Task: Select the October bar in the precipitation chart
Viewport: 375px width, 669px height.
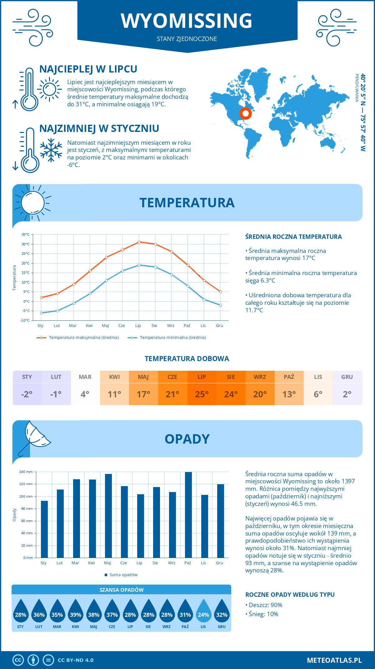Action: point(188,515)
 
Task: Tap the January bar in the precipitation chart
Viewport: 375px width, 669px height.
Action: point(44,529)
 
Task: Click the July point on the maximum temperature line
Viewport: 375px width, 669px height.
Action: point(139,242)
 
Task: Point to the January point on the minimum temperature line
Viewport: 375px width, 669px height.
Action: point(41,313)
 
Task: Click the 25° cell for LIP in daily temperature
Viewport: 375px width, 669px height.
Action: point(202,394)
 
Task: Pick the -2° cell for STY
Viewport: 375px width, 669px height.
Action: point(27,394)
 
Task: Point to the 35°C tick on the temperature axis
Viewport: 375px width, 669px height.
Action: point(26,234)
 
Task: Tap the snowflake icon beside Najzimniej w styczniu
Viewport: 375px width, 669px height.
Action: point(51,150)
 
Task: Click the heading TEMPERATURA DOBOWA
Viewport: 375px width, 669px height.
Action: point(187,359)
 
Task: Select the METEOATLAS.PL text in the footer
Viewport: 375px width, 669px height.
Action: point(334,660)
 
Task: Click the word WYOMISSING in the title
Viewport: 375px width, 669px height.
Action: point(187,21)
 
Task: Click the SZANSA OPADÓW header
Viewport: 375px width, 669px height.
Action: point(122,590)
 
